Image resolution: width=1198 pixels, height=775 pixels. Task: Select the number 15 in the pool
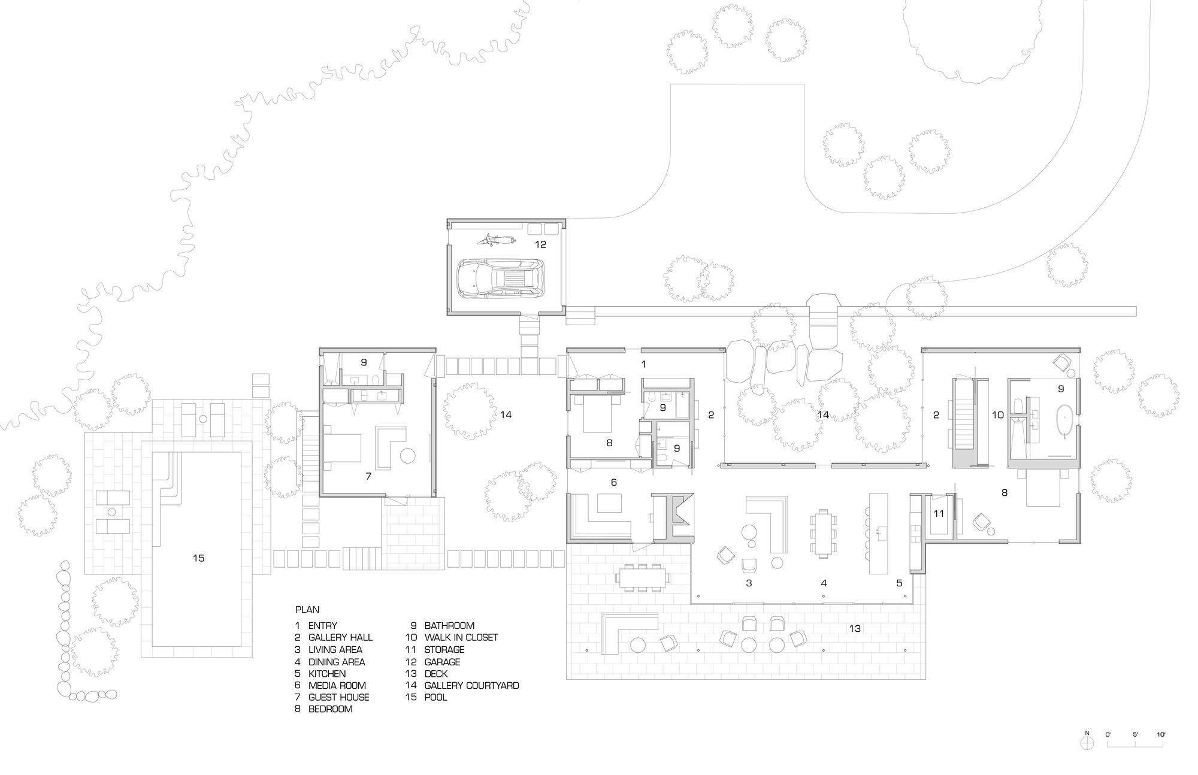tap(198, 558)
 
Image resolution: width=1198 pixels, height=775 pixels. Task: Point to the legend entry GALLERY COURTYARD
tap(471, 685)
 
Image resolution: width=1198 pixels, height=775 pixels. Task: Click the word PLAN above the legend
tap(307, 610)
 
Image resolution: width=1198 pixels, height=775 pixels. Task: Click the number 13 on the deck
tap(854, 628)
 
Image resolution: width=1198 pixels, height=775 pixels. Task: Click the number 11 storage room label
tap(938, 513)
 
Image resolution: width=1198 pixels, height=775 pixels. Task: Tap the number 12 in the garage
tap(540, 244)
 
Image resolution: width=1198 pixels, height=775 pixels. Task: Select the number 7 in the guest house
tap(368, 476)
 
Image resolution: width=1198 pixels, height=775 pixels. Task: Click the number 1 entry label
tap(643, 364)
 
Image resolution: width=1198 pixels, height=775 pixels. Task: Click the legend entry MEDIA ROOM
tap(337, 685)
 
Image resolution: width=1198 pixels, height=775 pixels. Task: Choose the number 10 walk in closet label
tap(997, 414)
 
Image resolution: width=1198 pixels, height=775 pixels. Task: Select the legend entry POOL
tap(435, 697)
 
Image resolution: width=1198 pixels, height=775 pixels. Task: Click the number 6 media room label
tap(613, 482)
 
